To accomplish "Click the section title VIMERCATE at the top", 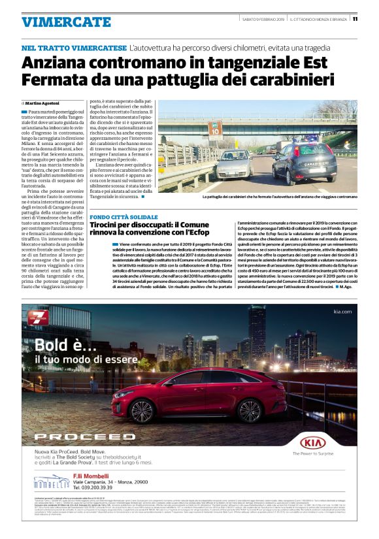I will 56,22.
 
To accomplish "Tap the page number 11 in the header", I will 355,19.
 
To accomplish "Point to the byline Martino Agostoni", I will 42,103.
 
